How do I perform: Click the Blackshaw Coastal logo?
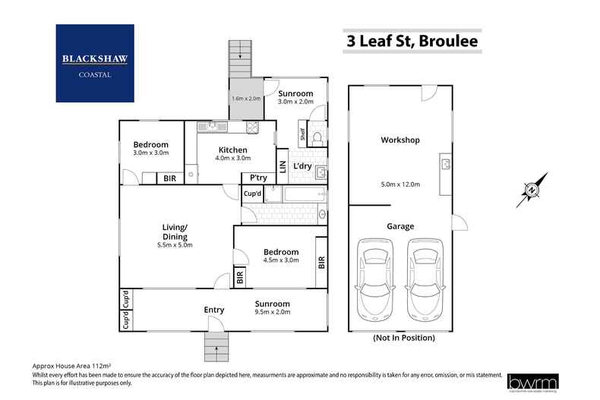click(x=95, y=63)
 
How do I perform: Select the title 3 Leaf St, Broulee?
click(x=412, y=41)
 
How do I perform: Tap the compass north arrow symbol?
click(x=532, y=190)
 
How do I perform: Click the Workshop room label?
click(x=400, y=140)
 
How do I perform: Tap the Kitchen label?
click(x=232, y=150)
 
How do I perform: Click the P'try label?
click(x=251, y=178)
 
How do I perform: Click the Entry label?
click(x=214, y=310)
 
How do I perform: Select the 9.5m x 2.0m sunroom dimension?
click(x=272, y=312)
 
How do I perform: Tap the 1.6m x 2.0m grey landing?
click(x=245, y=98)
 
